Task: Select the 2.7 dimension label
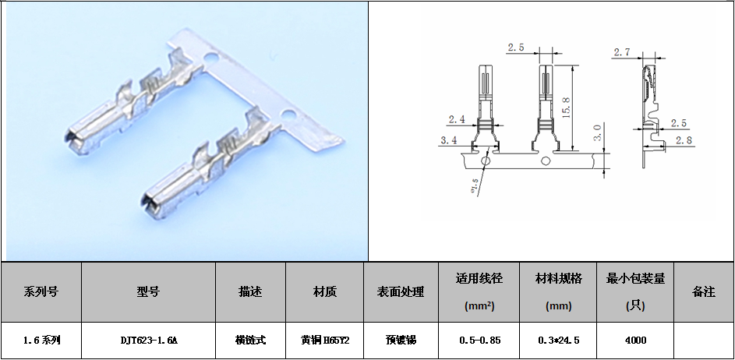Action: click(622, 52)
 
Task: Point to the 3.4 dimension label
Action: click(449, 139)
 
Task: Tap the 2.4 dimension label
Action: click(457, 119)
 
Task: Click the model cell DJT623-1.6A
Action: click(148, 341)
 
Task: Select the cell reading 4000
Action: click(634, 341)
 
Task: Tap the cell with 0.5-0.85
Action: click(475, 341)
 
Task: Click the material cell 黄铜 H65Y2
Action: click(324, 341)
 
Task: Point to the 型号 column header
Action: click(148, 292)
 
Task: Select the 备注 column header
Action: click(703, 292)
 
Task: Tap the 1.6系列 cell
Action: click(41, 341)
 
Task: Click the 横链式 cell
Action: click(250, 341)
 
